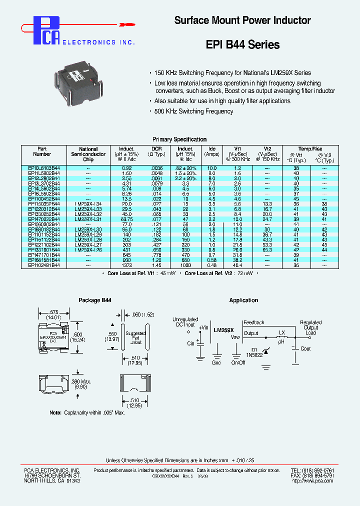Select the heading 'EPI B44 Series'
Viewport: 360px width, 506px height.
click(x=242, y=44)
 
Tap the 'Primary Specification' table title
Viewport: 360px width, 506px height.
click(x=179, y=139)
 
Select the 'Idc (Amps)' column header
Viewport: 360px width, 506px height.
click(x=212, y=151)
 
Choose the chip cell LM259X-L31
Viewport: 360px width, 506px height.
click(x=88, y=219)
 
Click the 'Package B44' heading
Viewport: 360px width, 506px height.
click(x=95, y=300)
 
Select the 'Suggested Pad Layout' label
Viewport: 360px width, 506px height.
click(x=135, y=338)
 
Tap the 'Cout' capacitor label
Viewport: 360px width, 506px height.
click(x=305, y=348)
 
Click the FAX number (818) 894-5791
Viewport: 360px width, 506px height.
click(x=326, y=475)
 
